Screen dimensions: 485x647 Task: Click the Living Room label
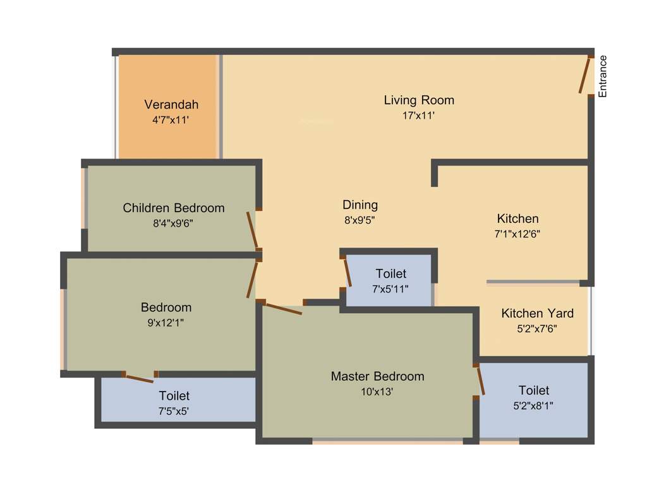(x=419, y=100)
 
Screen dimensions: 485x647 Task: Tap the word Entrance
(x=602, y=76)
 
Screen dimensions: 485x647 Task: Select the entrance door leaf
(x=585, y=75)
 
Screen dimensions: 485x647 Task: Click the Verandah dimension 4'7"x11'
(x=171, y=119)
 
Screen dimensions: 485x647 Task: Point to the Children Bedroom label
(x=174, y=208)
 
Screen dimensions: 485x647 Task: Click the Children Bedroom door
(x=252, y=231)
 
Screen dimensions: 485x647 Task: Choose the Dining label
(x=360, y=205)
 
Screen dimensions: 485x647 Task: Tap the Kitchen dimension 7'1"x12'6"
(x=517, y=233)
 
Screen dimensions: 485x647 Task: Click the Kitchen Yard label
(x=537, y=313)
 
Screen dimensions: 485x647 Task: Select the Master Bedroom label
(x=377, y=376)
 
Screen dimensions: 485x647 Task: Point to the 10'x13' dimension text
(x=377, y=392)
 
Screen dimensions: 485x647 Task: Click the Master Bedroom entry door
(x=283, y=309)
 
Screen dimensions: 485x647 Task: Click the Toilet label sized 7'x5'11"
(x=390, y=273)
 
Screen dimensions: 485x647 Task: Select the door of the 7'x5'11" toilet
(x=347, y=272)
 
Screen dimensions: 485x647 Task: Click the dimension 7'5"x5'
(x=174, y=411)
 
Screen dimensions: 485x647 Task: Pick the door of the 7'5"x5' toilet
(x=139, y=378)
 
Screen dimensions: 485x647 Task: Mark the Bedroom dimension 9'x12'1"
(x=166, y=323)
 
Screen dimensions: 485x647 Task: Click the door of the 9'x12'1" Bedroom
(x=253, y=278)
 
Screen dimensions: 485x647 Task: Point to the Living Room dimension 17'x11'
(x=419, y=116)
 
